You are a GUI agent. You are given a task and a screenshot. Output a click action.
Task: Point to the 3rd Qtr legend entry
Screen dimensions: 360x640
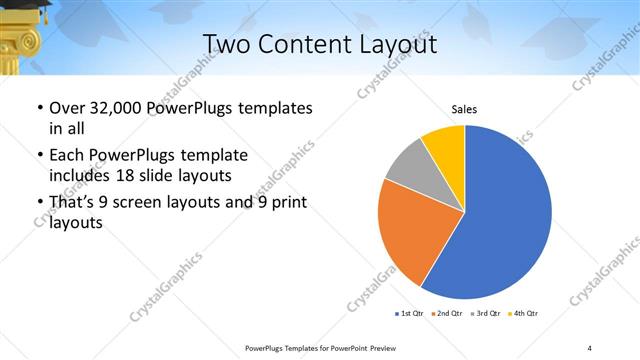[487, 314]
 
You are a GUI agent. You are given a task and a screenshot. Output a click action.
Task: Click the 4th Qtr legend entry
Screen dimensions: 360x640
[524, 314]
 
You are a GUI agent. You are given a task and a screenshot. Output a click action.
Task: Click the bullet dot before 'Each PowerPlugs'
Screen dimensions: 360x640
[38, 156]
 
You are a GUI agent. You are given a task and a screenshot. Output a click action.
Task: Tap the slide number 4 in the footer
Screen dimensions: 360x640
[589, 347]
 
